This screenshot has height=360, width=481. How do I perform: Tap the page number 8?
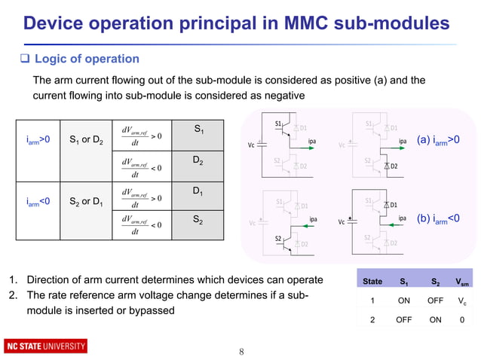click(241, 351)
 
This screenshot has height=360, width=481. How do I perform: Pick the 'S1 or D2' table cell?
click(86, 139)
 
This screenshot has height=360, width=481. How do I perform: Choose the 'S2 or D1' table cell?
click(86, 201)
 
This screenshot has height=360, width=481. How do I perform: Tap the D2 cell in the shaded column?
click(198, 161)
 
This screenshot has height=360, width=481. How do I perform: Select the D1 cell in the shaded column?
click(198, 193)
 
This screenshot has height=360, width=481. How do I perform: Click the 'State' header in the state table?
click(372, 282)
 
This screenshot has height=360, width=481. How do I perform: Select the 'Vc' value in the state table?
click(463, 300)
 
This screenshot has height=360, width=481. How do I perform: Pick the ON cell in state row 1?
click(404, 300)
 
